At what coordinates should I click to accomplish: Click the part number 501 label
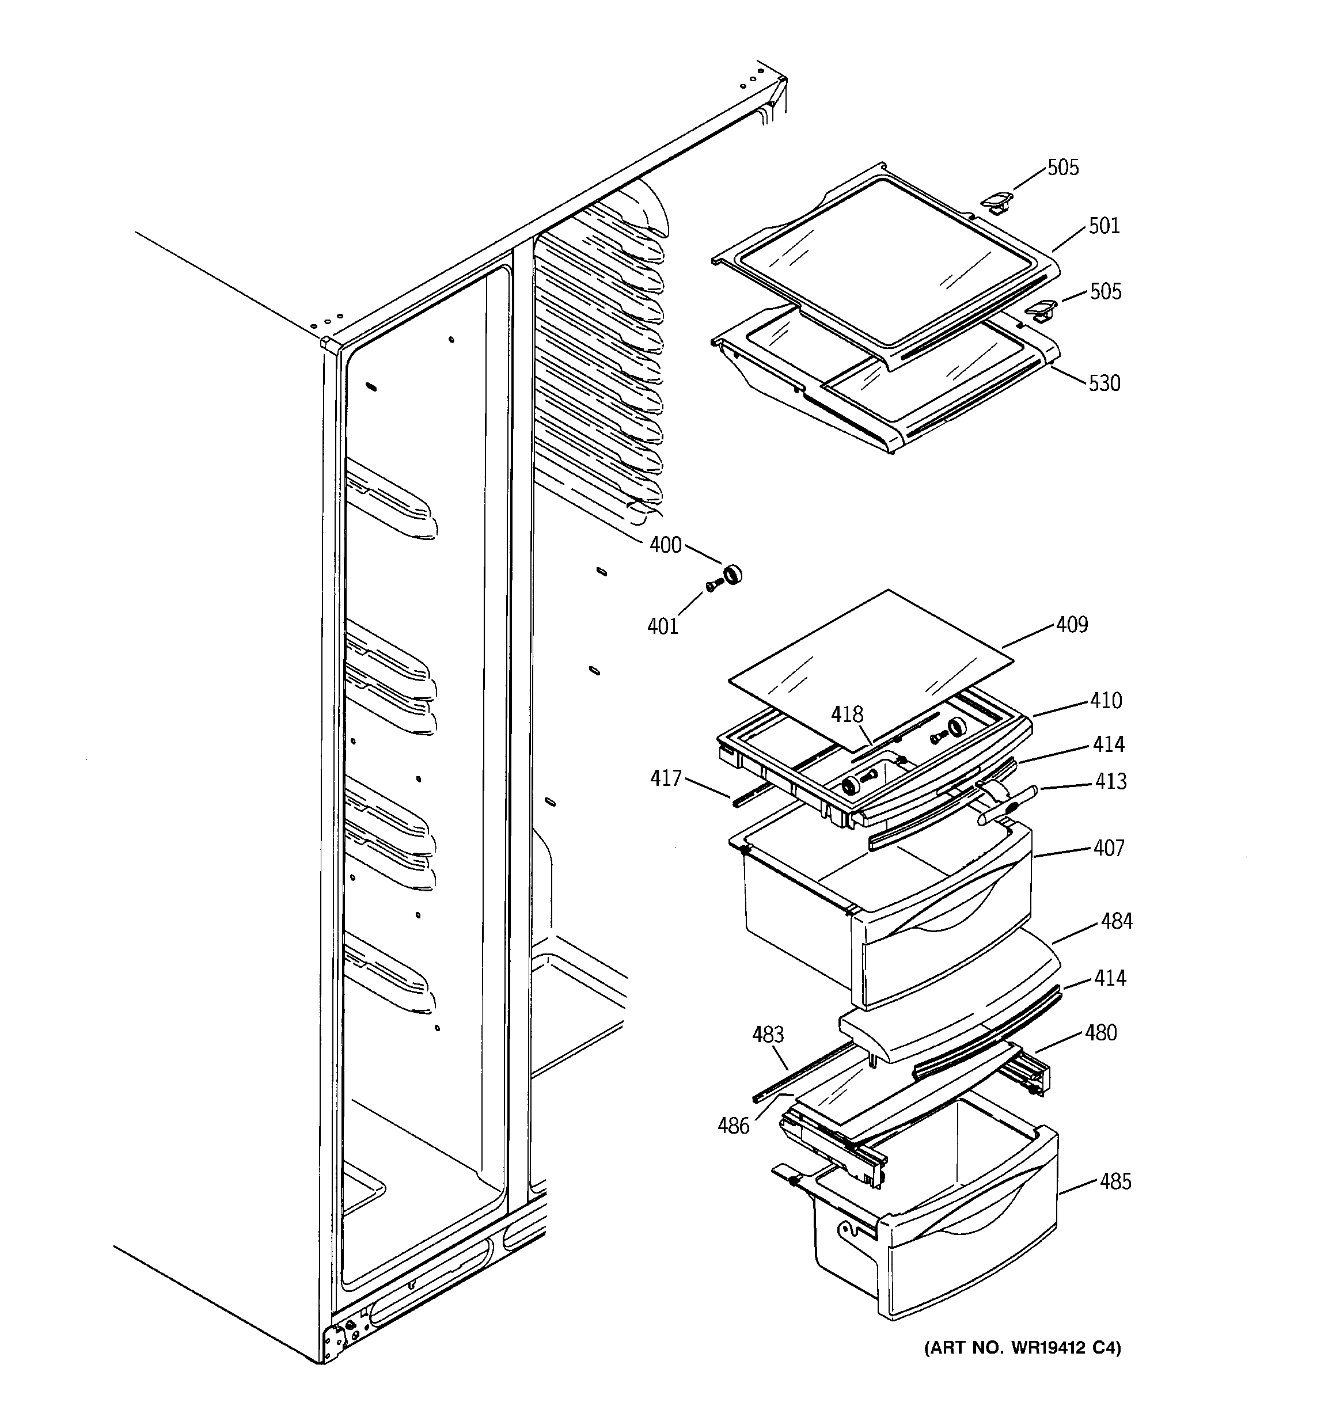(1104, 226)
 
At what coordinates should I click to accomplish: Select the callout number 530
(1104, 383)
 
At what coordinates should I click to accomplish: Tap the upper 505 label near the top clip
(1063, 168)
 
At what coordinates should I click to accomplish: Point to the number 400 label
(665, 545)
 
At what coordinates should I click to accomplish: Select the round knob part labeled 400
(732, 574)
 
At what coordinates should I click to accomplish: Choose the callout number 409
(1071, 625)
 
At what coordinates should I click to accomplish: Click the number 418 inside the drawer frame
(847, 715)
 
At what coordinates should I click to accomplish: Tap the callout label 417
(666, 778)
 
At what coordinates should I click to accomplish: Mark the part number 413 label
(1110, 781)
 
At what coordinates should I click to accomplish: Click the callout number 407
(1109, 848)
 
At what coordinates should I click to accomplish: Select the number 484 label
(1117, 921)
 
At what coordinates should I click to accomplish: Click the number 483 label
(768, 1035)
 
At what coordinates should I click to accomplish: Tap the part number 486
(734, 1126)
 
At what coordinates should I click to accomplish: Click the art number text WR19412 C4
(1022, 1348)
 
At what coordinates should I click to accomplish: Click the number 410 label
(1106, 700)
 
